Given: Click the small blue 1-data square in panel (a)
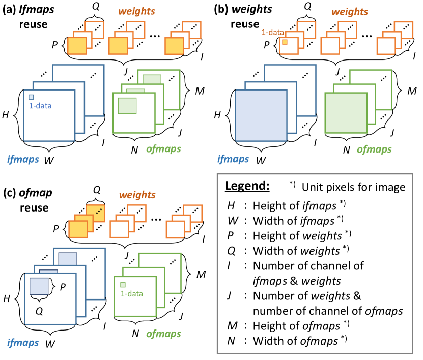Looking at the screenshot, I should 31,97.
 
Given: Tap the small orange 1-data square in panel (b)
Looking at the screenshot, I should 286,42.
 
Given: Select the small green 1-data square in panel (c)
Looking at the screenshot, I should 123,285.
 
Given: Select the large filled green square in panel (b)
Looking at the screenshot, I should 346,115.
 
